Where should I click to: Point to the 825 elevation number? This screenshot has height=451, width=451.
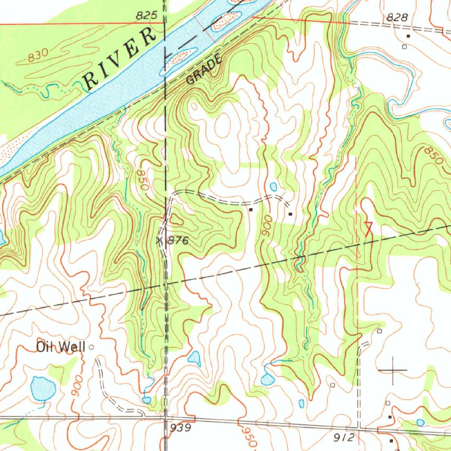click(x=146, y=16)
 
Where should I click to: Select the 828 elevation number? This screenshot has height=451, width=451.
click(x=397, y=17)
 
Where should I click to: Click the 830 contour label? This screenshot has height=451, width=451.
click(x=37, y=56)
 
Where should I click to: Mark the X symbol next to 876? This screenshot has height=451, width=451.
click(x=160, y=240)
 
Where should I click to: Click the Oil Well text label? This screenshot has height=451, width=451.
click(x=61, y=347)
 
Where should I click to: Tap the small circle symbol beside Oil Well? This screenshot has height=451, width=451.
click(x=92, y=347)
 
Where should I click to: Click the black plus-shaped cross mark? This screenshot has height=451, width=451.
click(x=392, y=370)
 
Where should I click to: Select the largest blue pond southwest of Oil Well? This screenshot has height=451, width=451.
click(x=43, y=388)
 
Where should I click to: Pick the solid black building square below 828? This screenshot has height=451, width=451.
click(x=408, y=36)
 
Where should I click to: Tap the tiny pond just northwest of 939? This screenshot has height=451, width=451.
click(x=147, y=399)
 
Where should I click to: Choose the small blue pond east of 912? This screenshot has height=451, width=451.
click(x=420, y=422)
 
